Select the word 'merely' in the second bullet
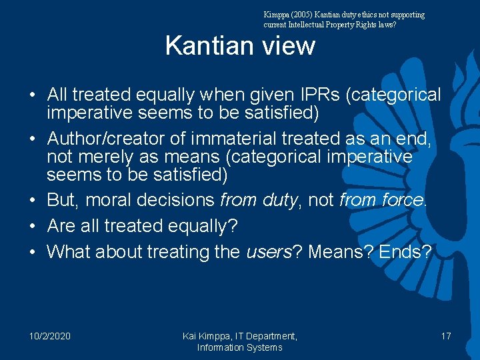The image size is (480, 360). coord(105,157)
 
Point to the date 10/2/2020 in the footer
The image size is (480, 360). coord(50,336)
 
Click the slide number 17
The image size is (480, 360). coord(445,336)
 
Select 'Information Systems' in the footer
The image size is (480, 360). coord(239,347)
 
